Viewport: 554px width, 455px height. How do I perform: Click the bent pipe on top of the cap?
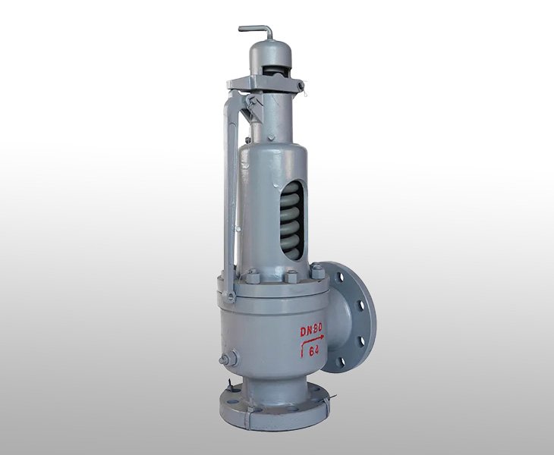[x=258, y=30]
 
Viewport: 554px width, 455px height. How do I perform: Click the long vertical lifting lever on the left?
[x=228, y=182]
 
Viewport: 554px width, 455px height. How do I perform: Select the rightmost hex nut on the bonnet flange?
[x=318, y=272]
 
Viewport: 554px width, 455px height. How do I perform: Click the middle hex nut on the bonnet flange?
[x=291, y=276]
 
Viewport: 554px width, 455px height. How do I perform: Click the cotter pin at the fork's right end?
[x=300, y=87]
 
